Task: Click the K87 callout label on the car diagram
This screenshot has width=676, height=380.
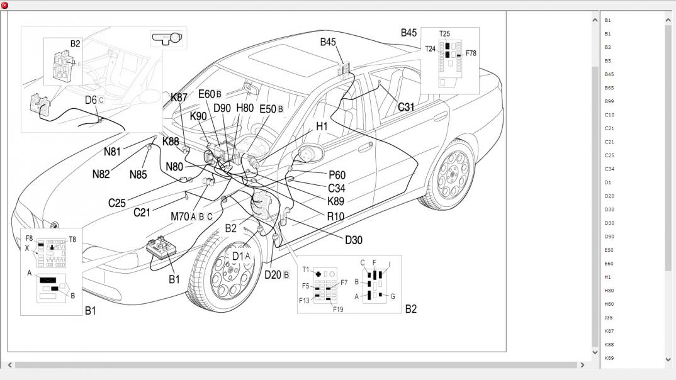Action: click(x=179, y=98)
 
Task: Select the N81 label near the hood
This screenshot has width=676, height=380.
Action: click(x=113, y=152)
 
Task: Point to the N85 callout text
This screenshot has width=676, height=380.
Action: click(x=138, y=174)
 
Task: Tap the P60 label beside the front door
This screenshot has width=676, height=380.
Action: click(x=337, y=175)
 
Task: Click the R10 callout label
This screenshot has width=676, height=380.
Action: click(x=335, y=216)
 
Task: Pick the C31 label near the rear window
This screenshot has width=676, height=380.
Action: click(x=406, y=108)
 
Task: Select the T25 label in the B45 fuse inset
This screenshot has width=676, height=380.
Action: click(x=445, y=34)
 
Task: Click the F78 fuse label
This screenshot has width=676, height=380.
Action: click(x=471, y=53)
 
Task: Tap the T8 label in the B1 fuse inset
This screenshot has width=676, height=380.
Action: click(x=72, y=239)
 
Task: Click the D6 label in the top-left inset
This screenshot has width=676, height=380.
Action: click(x=91, y=100)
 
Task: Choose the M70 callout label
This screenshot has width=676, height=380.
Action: click(x=180, y=216)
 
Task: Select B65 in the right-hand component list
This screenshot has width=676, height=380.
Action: click(x=609, y=88)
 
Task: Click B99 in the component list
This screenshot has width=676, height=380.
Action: click(x=609, y=101)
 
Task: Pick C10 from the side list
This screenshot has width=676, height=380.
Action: click(x=609, y=115)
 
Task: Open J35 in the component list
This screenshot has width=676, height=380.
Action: click(x=609, y=318)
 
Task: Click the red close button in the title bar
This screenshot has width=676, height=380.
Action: click(x=5, y=5)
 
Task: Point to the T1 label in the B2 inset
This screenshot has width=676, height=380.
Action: click(x=306, y=270)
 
